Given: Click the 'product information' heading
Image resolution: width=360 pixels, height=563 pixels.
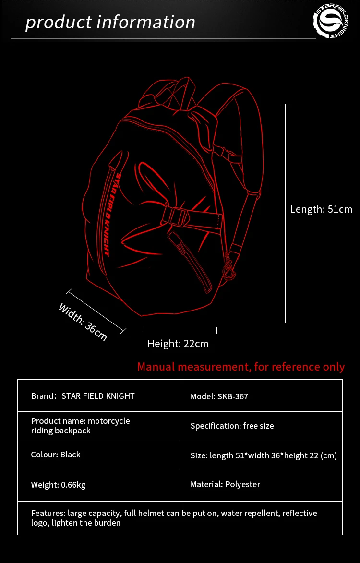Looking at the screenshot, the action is (x=110, y=22).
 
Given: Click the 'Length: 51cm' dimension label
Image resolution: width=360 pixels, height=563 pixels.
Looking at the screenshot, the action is (x=321, y=209).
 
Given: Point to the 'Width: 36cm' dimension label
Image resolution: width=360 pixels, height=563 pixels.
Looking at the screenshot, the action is (x=83, y=322).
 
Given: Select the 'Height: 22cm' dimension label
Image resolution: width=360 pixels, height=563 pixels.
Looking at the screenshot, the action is (x=178, y=344).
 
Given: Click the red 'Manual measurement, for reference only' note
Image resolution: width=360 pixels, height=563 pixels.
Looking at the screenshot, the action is (x=241, y=367).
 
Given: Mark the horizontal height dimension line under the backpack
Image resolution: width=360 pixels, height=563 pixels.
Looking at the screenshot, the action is (x=180, y=330).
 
